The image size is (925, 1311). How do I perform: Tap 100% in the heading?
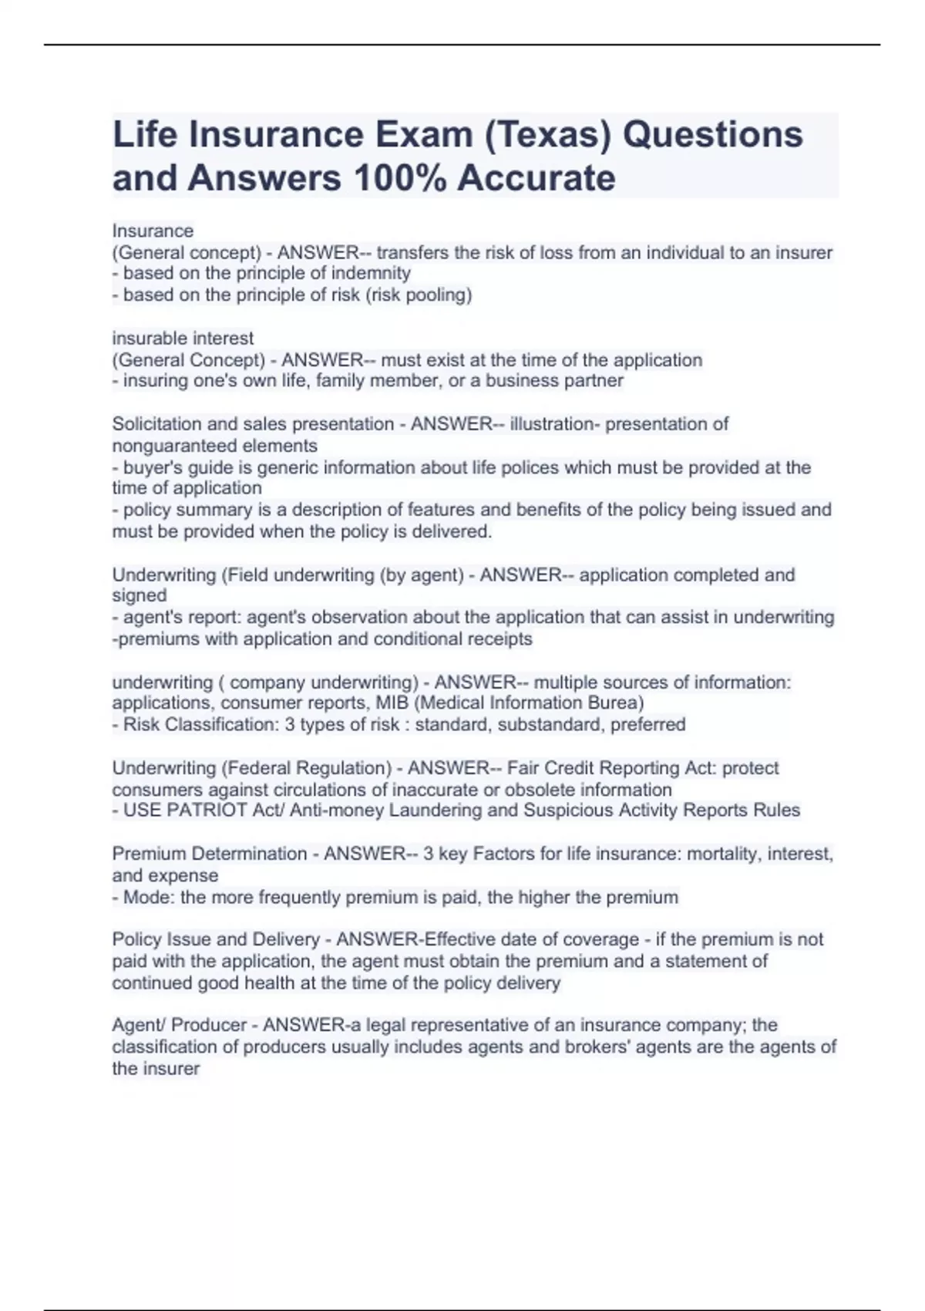(399, 178)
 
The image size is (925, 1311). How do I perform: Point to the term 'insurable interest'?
(183, 338)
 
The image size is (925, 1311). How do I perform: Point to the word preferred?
(647, 724)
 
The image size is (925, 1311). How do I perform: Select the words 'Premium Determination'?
(210, 854)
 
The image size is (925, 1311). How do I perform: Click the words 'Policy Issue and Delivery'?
(216, 939)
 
